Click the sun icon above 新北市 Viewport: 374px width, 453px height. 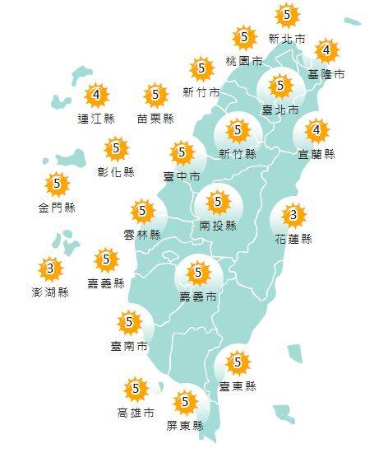pyautogui.click(x=286, y=14)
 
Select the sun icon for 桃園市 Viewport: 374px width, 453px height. pyautogui.click(x=244, y=37)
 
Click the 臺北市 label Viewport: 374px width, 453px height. pyautogui.click(x=279, y=109)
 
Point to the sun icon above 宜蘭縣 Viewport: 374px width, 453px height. pyautogui.click(x=316, y=130)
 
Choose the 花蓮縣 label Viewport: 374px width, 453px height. pyautogui.click(x=293, y=239)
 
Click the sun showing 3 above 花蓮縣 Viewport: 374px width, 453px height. pyautogui.click(x=293, y=216)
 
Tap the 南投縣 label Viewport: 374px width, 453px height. pyautogui.click(x=218, y=225)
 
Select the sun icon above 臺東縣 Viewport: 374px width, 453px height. pyautogui.click(x=238, y=362)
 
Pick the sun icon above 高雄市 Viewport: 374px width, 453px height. pyautogui.click(x=136, y=388)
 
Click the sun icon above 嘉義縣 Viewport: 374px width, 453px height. pyautogui.click(x=106, y=260)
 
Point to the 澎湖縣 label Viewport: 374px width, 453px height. pyautogui.click(x=52, y=292)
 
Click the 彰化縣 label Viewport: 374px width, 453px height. pyautogui.click(x=117, y=171)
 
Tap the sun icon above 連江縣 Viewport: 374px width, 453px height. pyautogui.click(x=96, y=95)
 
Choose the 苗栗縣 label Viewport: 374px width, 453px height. pyautogui.click(x=155, y=118)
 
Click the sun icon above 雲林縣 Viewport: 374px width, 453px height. pyautogui.click(x=143, y=212)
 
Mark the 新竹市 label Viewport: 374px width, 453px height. pyautogui.click(x=201, y=91)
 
